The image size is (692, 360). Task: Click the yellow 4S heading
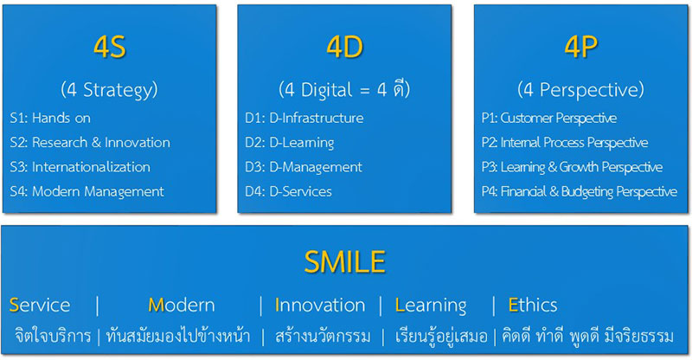click(110, 47)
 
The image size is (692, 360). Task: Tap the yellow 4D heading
click(344, 47)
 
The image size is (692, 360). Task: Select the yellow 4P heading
click(580, 47)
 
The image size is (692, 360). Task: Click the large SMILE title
click(344, 262)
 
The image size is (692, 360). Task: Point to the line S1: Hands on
click(50, 118)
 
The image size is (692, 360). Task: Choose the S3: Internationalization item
click(80, 167)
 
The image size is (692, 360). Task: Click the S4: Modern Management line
click(87, 191)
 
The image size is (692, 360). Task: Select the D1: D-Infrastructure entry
click(304, 118)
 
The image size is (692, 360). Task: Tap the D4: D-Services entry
click(289, 191)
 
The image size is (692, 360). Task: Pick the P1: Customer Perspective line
click(549, 118)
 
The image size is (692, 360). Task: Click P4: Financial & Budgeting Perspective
click(580, 192)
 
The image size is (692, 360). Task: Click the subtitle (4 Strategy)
click(110, 90)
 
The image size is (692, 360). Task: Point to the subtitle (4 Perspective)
click(580, 90)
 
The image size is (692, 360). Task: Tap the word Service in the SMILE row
click(40, 305)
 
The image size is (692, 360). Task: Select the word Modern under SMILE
click(182, 305)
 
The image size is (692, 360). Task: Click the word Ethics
click(533, 305)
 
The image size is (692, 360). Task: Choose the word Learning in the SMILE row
click(431, 305)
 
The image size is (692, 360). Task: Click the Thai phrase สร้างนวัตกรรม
click(323, 336)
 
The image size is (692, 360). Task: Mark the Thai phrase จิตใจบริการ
click(53, 336)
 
